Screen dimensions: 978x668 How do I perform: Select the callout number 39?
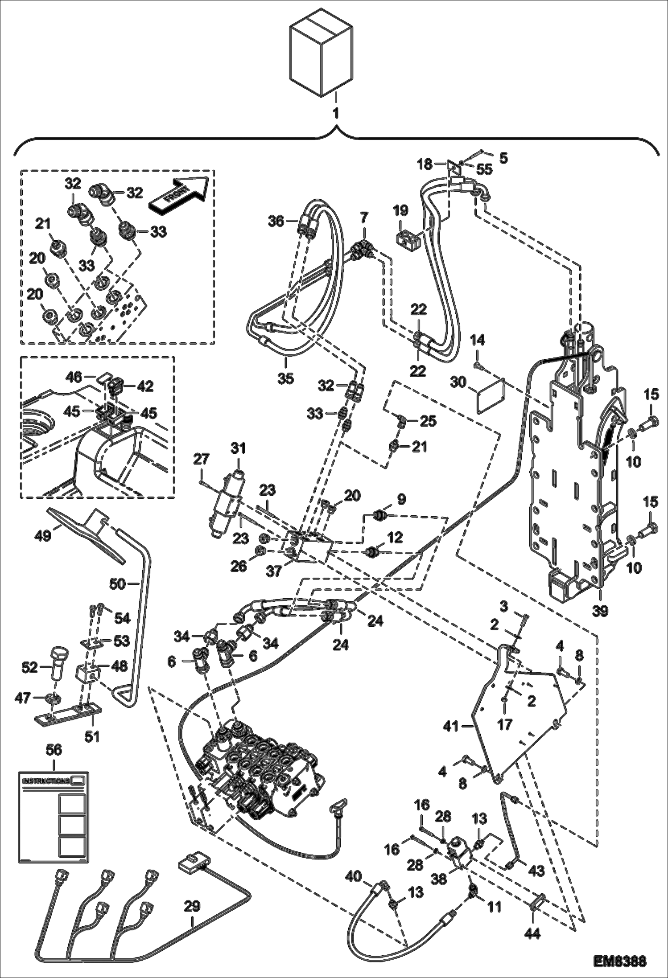(600, 610)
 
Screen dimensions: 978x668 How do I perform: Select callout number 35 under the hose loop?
(285, 378)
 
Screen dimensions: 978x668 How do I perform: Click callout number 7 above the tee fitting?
(365, 218)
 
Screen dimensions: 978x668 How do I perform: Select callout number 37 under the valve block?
(273, 570)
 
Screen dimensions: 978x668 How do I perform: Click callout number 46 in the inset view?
(74, 377)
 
